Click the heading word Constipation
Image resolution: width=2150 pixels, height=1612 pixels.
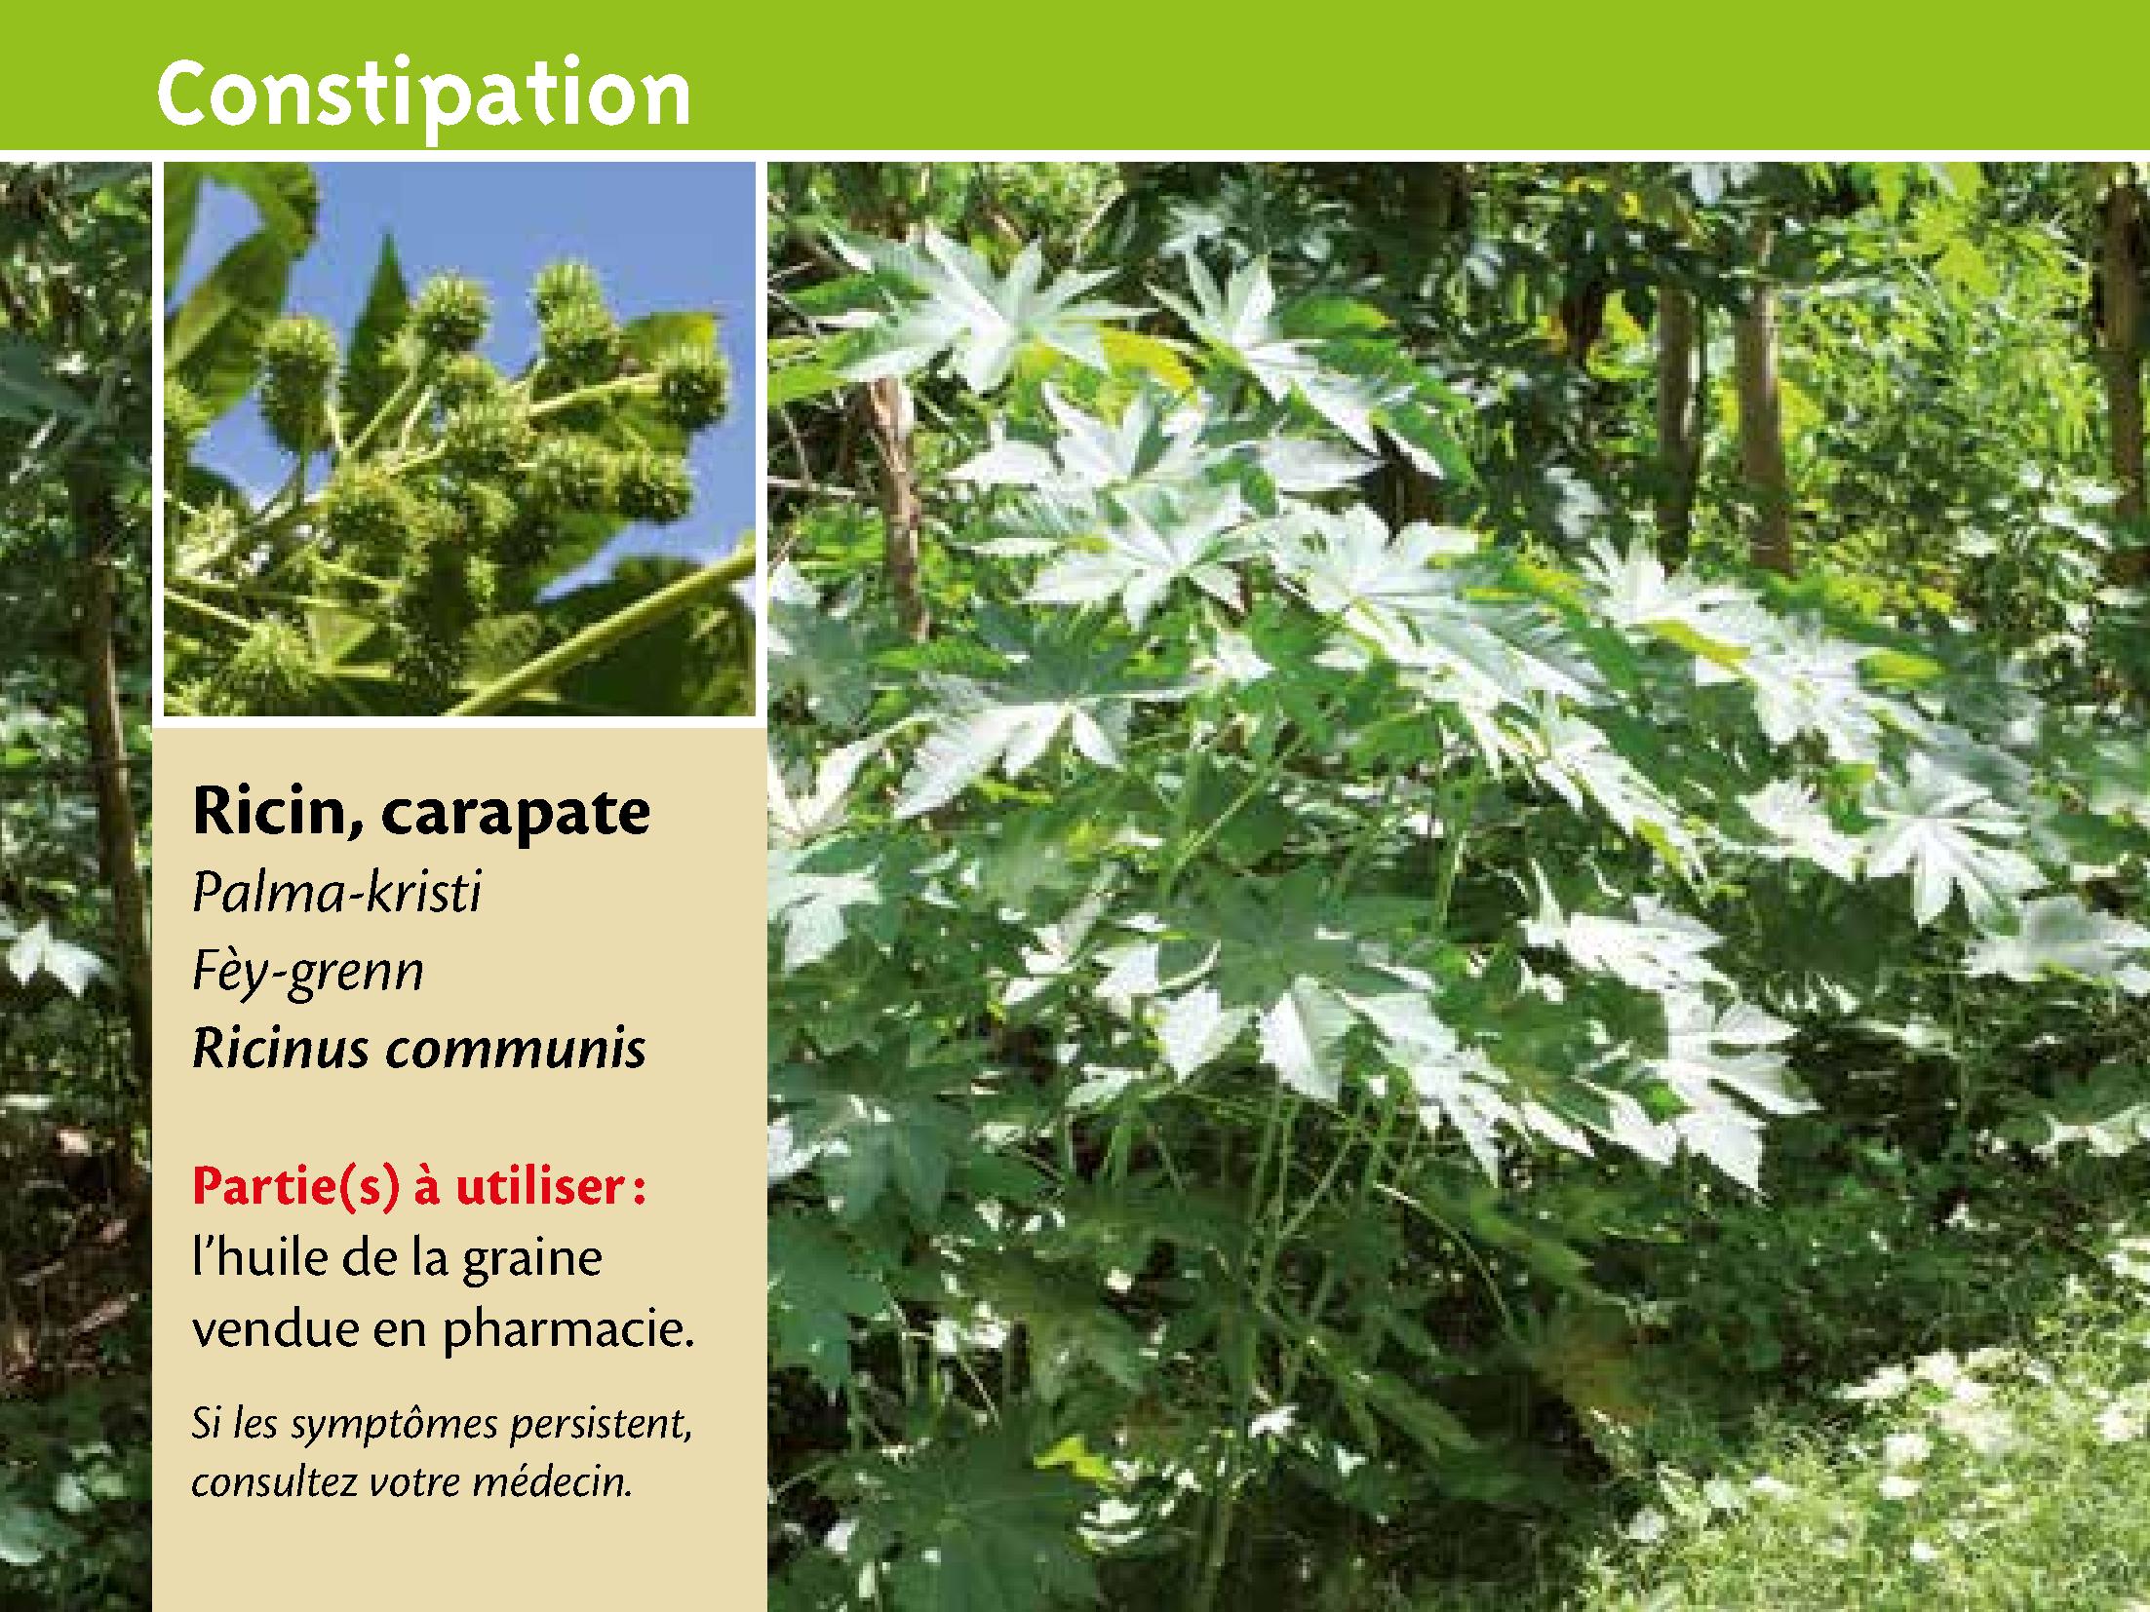pyautogui.click(x=423, y=96)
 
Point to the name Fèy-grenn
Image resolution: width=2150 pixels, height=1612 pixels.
pyautogui.click(x=308, y=972)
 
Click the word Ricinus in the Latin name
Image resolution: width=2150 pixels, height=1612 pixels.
pyautogui.click(x=282, y=1049)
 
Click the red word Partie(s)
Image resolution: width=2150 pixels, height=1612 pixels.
pyautogui.click(x=296, y=1190)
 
